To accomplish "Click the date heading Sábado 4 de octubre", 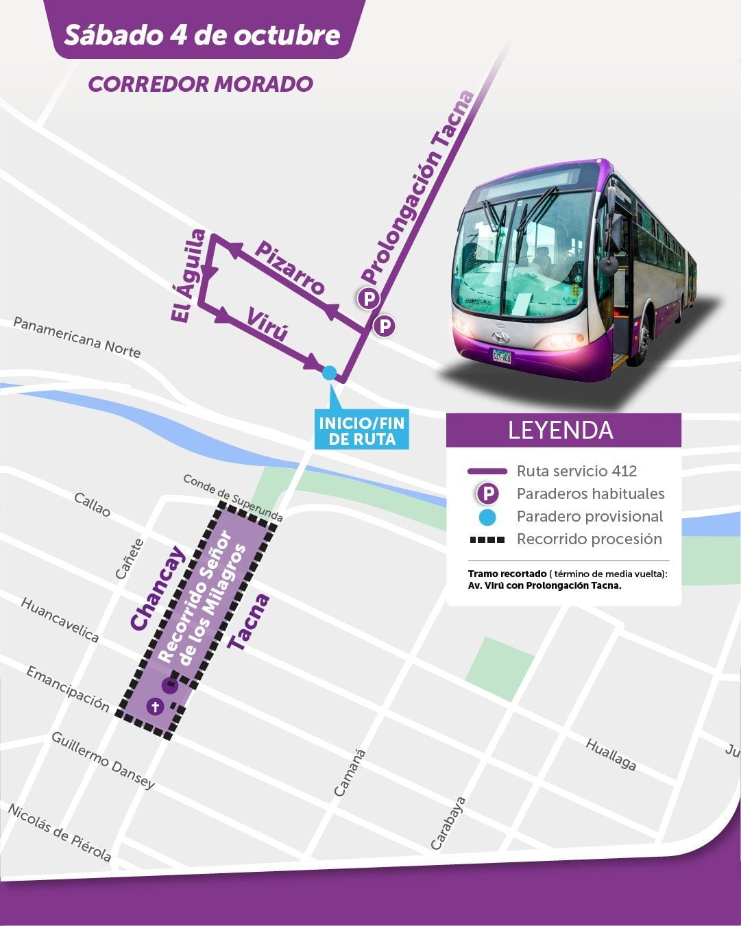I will tap(202, 34).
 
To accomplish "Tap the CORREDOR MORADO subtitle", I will tap(200, 84).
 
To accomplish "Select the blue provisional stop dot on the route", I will tap(329, 373).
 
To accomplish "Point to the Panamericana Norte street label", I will tap(77, 337).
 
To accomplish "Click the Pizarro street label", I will tap(289, 268).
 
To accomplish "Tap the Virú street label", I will tap(266, 324).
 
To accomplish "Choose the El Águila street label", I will tap(188, 276).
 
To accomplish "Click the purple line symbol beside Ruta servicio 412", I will tap(487, 472).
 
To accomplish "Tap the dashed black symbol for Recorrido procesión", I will tap(487, 539).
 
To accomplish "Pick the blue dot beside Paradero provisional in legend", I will tap(487, 517).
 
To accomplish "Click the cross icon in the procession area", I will tap(155, 706).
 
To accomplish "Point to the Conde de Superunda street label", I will tap(232, 498).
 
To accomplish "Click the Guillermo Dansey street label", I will tap(103, 760).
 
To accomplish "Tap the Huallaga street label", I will tap(611, 754).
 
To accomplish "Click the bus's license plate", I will tap(501, 356).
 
